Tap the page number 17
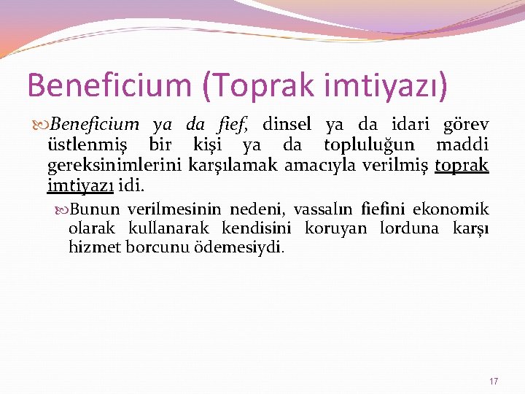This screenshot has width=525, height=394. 494,381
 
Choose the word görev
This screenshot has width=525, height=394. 466,125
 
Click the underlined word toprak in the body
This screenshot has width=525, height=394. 462,166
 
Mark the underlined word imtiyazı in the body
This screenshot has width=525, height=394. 79,186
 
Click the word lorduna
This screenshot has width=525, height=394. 409,228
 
